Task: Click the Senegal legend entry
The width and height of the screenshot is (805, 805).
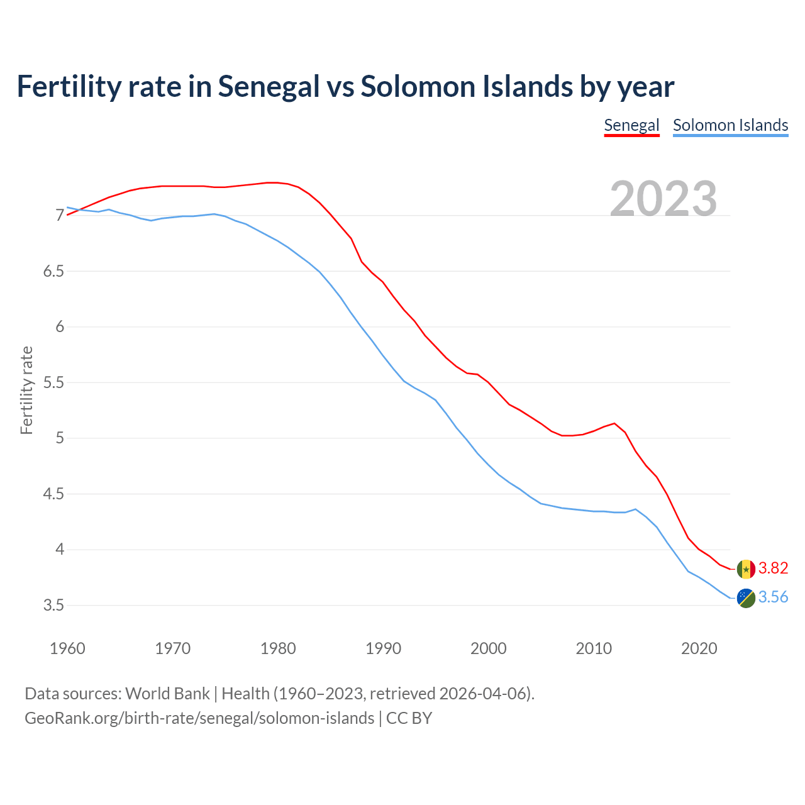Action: pos(631,125)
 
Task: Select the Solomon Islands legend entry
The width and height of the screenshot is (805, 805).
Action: pos(730,125)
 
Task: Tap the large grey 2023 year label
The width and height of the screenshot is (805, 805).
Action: pos(663,199)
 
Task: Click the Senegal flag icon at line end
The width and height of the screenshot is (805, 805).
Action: pos(746,569)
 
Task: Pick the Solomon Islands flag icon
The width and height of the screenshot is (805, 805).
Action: pos(746,598)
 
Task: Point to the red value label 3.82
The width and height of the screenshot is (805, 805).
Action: pos(773,569)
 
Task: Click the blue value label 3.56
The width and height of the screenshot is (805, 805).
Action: pos(773,597)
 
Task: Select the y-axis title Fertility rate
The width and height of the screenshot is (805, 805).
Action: pos(26,390)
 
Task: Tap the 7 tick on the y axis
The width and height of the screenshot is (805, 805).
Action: pos(60,216)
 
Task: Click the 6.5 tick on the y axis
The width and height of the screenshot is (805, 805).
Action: pos(53,272)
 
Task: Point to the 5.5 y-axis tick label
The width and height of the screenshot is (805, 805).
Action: pos(53,383)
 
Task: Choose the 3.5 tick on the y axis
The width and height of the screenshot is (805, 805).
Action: pos(53,606)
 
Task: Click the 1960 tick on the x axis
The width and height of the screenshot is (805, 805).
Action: pos(67,648)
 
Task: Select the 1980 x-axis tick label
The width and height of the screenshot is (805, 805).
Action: pos(278,648)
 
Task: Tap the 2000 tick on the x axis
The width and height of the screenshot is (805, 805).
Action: pos(489,648)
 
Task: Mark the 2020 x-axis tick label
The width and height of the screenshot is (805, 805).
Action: pos(699,648)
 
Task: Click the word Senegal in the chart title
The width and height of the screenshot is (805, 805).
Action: pos(269,87)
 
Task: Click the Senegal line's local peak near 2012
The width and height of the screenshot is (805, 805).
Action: pos(614,423)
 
